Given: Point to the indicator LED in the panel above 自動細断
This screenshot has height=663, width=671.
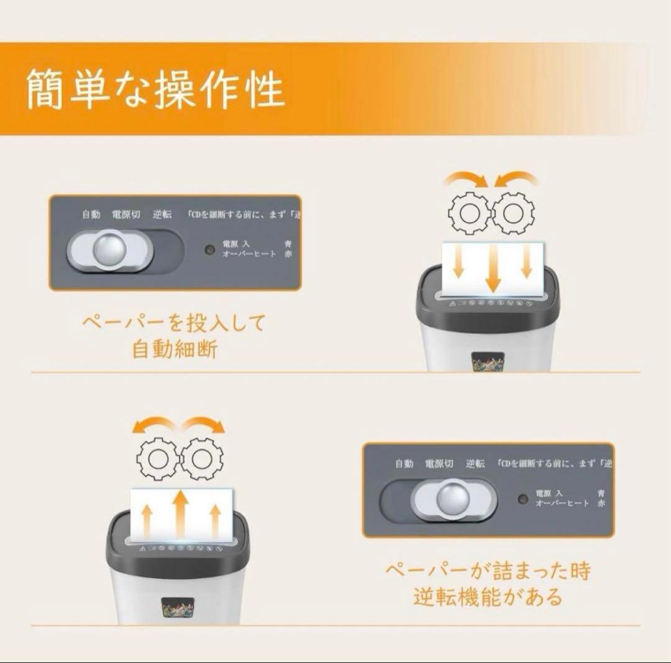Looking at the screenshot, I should (x=211, y=250).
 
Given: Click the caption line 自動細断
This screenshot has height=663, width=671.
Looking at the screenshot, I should (x=175, y=349).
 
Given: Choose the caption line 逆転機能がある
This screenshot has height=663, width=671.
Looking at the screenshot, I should (x=488, y=596).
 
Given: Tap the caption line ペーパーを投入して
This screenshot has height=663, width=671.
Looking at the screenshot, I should (x=174, y=323).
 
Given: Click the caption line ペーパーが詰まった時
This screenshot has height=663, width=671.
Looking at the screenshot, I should (x=488, y=571).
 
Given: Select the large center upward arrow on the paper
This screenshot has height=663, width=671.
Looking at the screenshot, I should (x=180, y=513).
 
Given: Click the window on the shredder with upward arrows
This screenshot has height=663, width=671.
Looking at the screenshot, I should (x=177, y=608).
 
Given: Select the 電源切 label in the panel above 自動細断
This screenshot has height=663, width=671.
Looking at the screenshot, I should (x=126, y=215).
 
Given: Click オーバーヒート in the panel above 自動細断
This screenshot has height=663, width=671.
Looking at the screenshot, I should (x=249, y=254).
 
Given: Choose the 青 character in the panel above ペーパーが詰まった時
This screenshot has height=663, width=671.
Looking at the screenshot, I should (x=601, y=493).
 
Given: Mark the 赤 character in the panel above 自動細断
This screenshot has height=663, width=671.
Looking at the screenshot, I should (x=288, y=254).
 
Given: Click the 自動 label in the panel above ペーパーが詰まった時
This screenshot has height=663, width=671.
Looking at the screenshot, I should (x=404, y=464).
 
